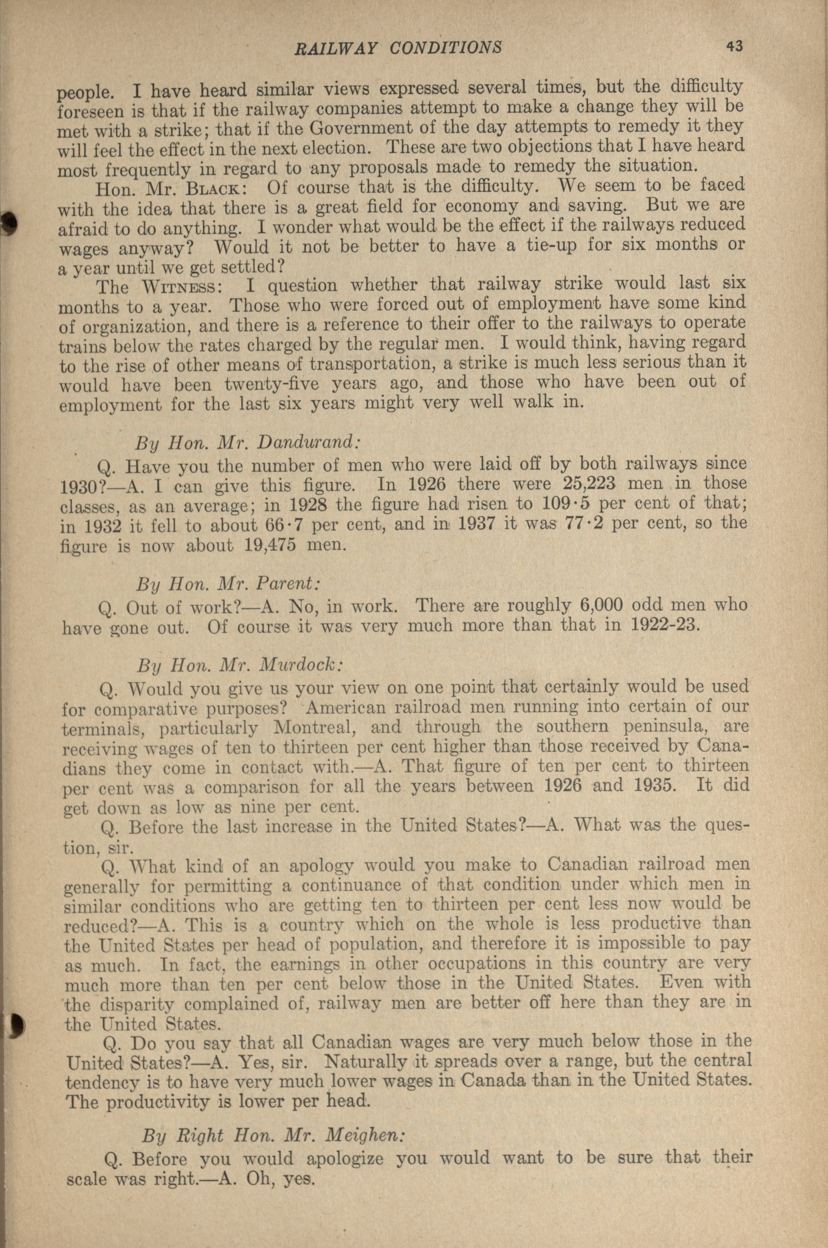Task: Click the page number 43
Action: (x=734, y=46)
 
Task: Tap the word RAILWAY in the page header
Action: (x=335, y=49)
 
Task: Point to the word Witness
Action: (x=178, y=288)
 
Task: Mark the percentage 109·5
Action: (x=567, y=503)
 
